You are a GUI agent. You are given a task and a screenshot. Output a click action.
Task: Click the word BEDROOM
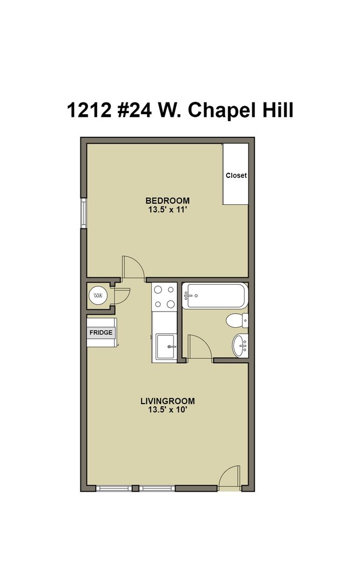168,200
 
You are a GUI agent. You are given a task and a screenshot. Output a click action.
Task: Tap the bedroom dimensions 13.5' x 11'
167,210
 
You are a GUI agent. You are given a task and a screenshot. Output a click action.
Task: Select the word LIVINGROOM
168,401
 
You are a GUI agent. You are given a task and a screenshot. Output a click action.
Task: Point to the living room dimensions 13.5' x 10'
167,410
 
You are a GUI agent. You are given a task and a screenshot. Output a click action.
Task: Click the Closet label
236,175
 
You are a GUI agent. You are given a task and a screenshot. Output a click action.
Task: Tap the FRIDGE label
101,332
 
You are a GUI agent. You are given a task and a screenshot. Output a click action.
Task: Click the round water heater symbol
98,295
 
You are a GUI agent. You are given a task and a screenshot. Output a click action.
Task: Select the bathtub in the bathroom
215,295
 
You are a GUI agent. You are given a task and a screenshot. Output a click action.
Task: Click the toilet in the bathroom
237,320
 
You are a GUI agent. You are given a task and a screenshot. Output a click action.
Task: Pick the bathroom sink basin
240,345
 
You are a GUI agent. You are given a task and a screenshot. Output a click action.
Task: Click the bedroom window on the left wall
84,213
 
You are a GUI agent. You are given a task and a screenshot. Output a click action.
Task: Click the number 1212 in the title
89,110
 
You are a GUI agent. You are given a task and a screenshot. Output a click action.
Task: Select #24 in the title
135,110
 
